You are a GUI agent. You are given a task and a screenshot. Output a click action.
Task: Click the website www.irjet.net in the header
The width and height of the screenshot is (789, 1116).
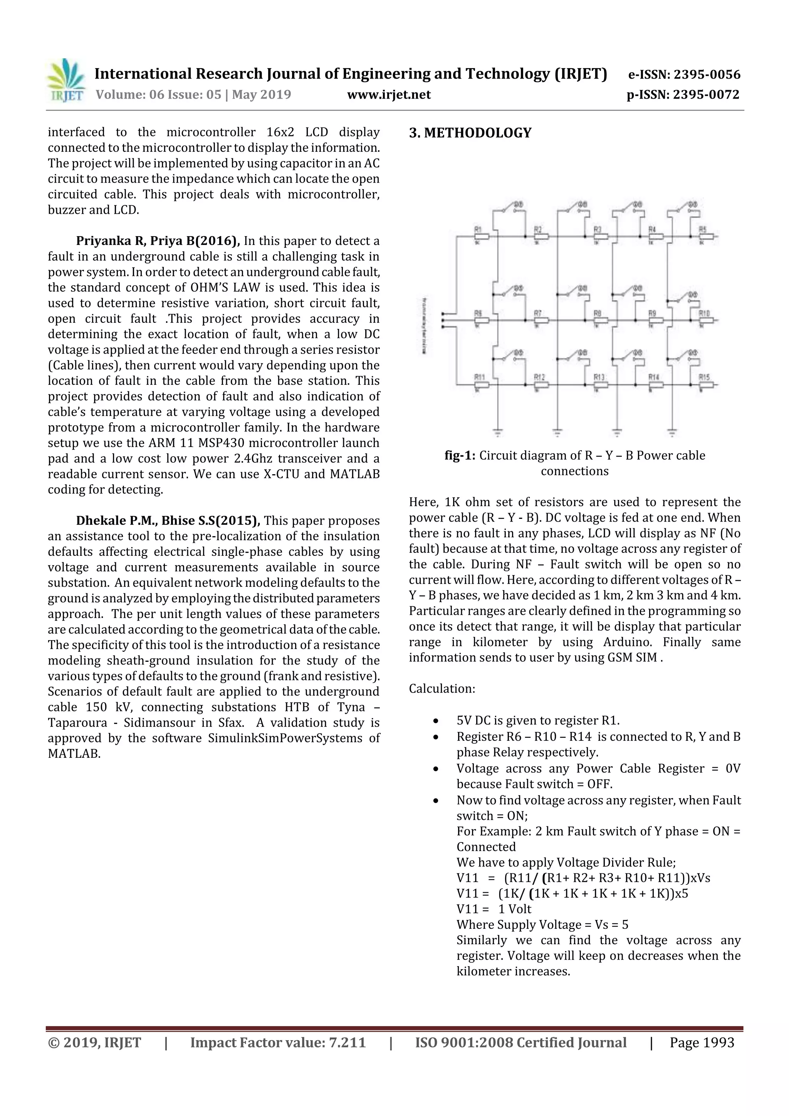coord(388,94)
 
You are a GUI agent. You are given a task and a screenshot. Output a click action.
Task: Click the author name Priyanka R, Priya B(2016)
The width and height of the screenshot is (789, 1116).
coord(158,241)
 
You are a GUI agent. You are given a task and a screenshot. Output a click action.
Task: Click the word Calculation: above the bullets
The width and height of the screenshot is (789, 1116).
coord(442,688)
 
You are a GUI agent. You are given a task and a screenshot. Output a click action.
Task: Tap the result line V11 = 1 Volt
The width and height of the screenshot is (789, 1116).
coord(494,909)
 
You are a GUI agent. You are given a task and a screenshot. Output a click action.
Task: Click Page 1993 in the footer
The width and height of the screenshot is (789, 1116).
coord(702,1042)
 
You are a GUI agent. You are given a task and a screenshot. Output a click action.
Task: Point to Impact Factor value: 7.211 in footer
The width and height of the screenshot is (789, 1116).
coord(278,1042)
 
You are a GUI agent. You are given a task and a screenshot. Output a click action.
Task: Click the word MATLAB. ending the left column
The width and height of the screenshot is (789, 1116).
coord(74,754)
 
